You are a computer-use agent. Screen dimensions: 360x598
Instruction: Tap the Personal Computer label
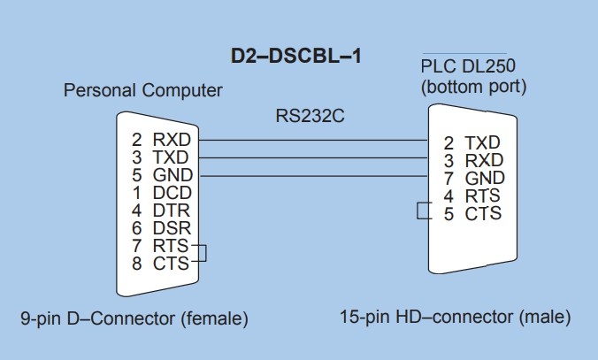[143, 91]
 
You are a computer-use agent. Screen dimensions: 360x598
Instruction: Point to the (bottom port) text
[474, 87]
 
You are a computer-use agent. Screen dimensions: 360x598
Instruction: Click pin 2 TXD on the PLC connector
[472, 142]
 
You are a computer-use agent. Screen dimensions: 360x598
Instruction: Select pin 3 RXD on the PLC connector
[472, 160]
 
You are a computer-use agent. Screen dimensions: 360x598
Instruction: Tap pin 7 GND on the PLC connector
[472, 178]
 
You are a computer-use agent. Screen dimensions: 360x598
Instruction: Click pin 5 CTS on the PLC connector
[472, 213]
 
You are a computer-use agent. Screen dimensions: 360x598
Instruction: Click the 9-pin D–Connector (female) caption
[134, 318]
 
